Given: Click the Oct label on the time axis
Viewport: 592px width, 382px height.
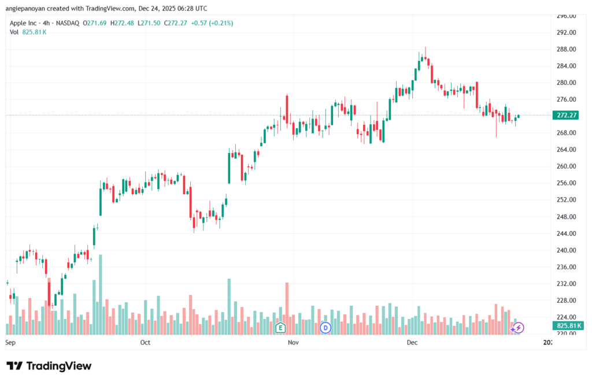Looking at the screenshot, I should click(145, 343).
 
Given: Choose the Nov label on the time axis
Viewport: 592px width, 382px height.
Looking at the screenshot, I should click(293, 343).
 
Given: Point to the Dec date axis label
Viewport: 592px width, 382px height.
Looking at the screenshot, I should click(412, 343).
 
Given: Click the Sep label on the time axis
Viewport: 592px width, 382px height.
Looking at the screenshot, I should click(9, 343).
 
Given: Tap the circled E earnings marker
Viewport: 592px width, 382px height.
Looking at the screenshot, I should click(281, 328).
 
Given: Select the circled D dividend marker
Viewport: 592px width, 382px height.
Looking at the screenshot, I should click(325, 328).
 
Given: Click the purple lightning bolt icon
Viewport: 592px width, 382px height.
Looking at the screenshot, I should click(519, 328).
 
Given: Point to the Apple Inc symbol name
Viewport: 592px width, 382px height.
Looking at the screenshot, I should click(26, 23).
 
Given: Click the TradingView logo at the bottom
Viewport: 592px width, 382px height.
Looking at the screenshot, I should click(49, 366).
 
